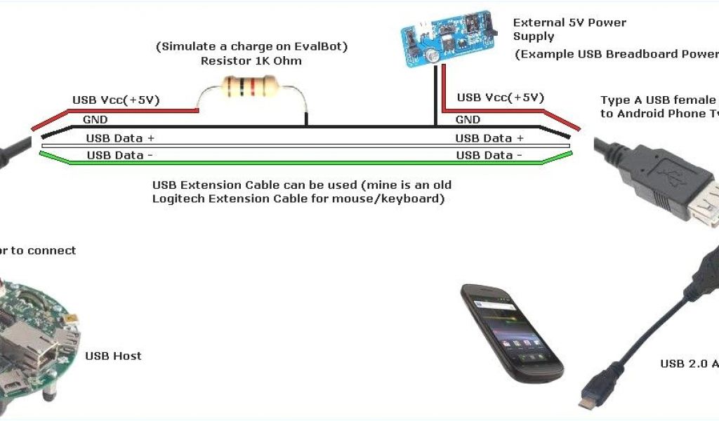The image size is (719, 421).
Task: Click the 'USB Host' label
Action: (x=113, y=356)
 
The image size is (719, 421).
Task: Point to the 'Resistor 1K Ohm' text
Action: (x=251, y=60)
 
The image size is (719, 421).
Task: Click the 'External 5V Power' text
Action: (x=569, y=23)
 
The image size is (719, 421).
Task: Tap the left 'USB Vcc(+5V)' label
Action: (x=116, y=100)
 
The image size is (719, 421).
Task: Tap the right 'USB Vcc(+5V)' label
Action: (x=500, y=98)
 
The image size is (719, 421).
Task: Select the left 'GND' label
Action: (x=95, y=120)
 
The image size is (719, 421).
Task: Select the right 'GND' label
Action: (x=468, y=120)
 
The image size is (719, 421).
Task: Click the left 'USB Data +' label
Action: (x=119, y=138)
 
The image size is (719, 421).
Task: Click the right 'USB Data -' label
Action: (x=489, y=155)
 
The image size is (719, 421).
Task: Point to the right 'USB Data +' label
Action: (x=489, y=138)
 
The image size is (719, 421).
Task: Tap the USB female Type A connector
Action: (x=695, y=200)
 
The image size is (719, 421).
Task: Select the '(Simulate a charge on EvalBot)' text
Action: (x=252, y=46)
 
